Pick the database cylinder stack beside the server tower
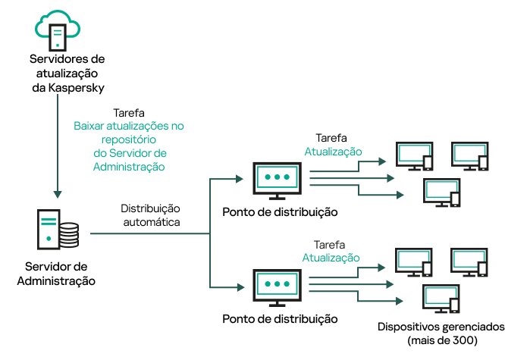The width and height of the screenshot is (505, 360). coord(69,235)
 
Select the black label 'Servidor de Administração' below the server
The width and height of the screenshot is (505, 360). coord(56,274)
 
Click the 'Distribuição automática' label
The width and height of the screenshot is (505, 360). coord(151,215)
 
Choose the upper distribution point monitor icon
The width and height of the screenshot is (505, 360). coord(277,178)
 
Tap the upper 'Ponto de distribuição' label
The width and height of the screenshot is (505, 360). coord(280,211)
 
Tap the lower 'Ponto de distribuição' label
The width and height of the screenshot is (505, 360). coord(280,319)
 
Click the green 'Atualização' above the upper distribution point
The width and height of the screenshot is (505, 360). coord(333,152)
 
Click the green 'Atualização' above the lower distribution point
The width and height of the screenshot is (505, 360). coord(331,258)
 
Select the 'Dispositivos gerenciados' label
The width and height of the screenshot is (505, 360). coord(440,327)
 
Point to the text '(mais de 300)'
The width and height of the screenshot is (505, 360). coord(442,340)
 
